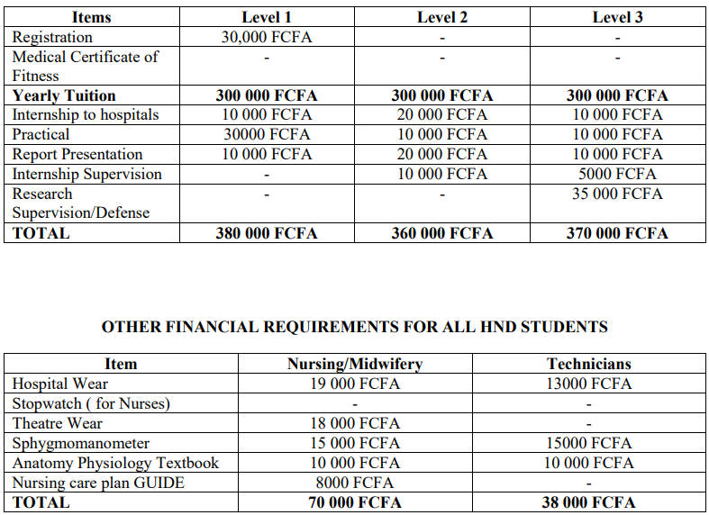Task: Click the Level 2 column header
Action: click(x=442, y=18)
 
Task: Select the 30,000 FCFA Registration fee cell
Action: click(x=267, y=37)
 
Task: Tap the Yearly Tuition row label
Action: click(x=64, y=95)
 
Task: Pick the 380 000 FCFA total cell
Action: click(x=267, y=233)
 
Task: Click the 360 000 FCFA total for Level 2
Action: click(x=442, y=233)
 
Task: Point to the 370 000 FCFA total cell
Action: click(x=617, y=233)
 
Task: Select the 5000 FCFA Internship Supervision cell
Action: click(x=617, y=174)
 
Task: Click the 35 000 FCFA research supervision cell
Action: click(x=617, y=194)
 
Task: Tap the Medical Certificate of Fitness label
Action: click(x=85, y=66)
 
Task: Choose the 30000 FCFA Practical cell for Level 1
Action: click(x=267, y=134)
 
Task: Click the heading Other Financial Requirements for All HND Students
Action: click(x=354, y=327)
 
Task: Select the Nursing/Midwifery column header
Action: click(x=354, y=364)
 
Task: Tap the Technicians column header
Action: click(x=589, y=364)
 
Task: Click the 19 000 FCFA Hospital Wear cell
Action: click(x=354, y=384)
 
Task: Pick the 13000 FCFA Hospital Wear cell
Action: click(x=589, y=384)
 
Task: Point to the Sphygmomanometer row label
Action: click(x=81, y=443)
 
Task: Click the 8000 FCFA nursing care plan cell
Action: click(x=354, y=483)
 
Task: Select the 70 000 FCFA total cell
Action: click(x=354, y=502)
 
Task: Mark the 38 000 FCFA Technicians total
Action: click(x=589, y=502)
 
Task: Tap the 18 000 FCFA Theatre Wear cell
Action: click(x=354, y=423)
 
